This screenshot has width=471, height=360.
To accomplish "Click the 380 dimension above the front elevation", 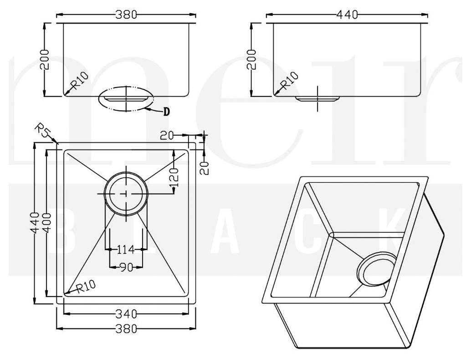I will tap(126, 15).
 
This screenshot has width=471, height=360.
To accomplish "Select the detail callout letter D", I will tap(166, 111).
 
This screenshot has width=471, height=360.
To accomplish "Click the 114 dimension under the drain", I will tap(125, 249).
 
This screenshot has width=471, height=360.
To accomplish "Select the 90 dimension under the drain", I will tap(126, 267).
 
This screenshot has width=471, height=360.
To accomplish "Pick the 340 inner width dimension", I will tap(126, 314).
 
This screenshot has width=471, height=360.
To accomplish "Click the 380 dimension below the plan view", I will tap(126, 329).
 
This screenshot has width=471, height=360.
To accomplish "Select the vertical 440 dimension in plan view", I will tap(33, 223).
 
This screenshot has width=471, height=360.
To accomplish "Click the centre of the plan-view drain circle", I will tap(126, 194).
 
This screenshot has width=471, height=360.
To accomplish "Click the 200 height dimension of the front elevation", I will tap(44, 59).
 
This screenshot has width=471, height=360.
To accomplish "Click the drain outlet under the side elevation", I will tap(317, 98).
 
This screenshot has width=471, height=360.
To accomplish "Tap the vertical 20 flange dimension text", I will tap(205, 167).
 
